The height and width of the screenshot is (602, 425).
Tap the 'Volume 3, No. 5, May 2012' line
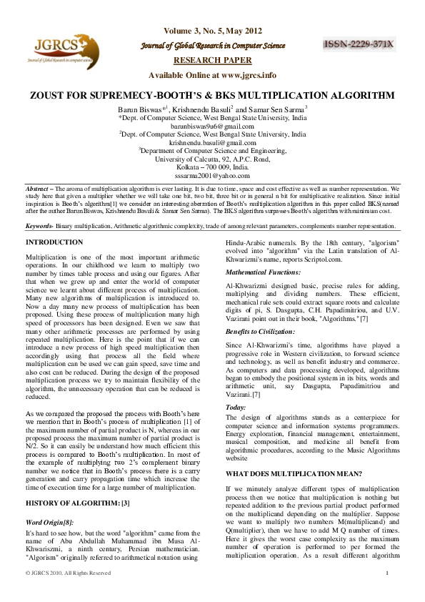(x=212, y=31)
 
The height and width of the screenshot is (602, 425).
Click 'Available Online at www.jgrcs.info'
(x=212, y=74)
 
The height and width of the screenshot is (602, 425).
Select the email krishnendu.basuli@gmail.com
(x=212, y=142)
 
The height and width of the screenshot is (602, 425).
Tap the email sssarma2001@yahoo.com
(x=212, y=175)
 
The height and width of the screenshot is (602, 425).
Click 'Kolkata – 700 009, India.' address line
(x=212, y=167)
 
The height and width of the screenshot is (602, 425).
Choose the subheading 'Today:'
(x=236, y=407)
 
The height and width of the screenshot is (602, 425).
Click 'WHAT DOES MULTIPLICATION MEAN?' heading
(x=288, y=473)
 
